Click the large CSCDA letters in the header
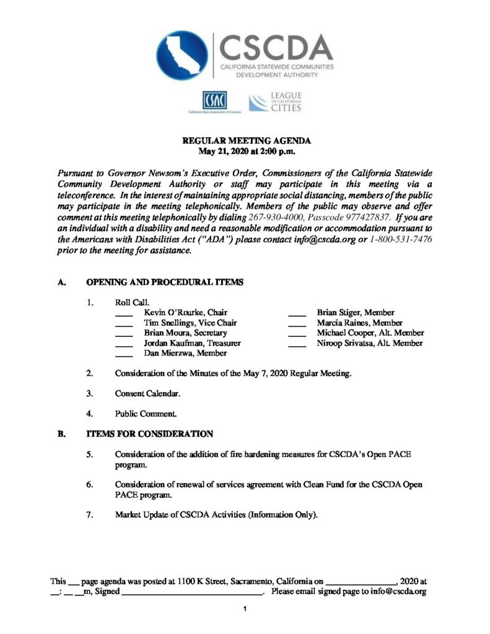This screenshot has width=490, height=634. (x=276, y=46)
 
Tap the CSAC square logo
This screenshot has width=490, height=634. (x=214, y=100)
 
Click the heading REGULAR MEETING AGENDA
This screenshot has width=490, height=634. (x=245, y=142)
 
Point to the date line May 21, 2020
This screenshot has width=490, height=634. (x=245, y=151)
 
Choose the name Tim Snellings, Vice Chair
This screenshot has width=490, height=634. (x=190, y=323)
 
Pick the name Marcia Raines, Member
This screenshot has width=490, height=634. (x=359, y=323)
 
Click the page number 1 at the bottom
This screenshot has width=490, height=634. (x=245, y=610)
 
